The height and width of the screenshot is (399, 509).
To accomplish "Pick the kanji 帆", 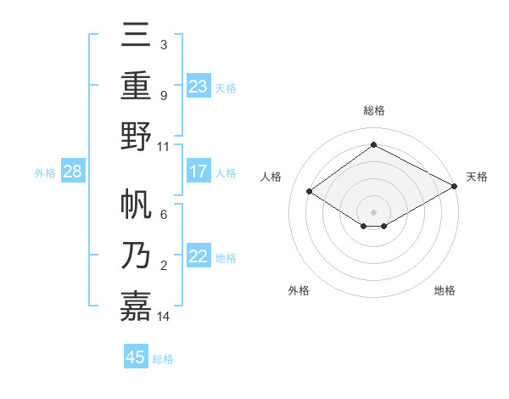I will [136, 205].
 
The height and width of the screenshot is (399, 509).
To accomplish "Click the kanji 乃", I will [136, 255].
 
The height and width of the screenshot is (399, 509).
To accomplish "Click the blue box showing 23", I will [199, 86].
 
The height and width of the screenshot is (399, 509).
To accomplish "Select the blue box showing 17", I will [199, 171].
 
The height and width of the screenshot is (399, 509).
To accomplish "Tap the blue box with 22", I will [199, 256].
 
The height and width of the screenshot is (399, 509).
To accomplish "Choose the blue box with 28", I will [73, 171].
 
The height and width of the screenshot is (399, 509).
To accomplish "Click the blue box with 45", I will [136, 357].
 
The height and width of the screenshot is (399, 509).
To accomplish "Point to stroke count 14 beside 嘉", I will [164, 316].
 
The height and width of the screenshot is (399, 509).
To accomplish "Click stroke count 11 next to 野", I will [164, 146].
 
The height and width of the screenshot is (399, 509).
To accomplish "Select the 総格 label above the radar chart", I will [373, 111].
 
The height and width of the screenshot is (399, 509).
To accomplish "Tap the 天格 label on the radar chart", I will [477, 177].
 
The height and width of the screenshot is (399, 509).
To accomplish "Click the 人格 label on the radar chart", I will [271, 177].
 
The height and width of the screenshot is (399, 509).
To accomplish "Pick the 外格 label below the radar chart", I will [299, 290].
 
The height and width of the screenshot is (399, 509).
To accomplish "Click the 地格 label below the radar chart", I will [445, 290].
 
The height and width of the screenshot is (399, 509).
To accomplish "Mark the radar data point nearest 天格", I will [455, 186].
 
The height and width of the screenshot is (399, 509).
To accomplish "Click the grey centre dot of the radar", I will [373, 211].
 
